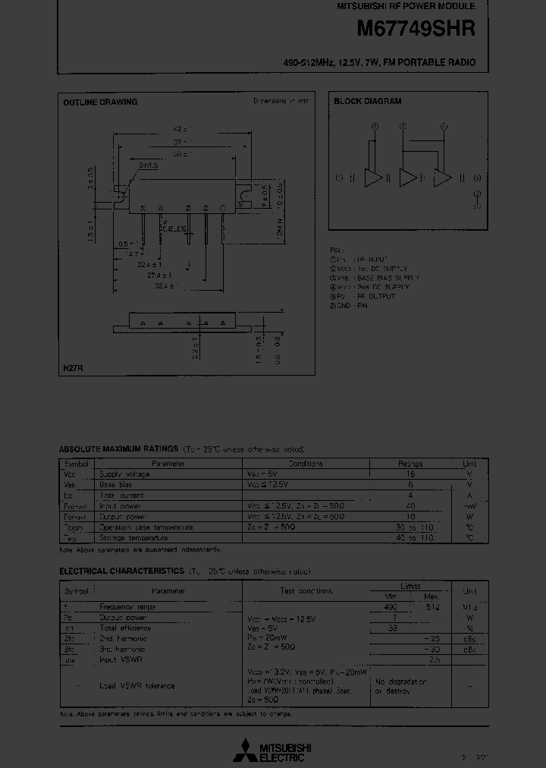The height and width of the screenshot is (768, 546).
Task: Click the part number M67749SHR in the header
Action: (x=416, y=29)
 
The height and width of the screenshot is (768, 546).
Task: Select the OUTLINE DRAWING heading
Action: (x=99, y=102)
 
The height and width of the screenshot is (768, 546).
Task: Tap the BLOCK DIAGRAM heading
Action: (x=367, y=102)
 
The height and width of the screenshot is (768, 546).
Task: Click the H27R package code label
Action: (x=73, y=368)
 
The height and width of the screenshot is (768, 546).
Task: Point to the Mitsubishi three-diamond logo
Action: (x=246, y=750)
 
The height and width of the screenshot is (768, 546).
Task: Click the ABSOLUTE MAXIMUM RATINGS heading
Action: (x=118, y=449)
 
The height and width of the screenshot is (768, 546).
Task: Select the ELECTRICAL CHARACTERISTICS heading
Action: (x=121, y=571)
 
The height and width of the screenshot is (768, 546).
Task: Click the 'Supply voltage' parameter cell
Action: (x=124, y=474)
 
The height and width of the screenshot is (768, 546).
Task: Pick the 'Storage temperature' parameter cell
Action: (x=133, y=538)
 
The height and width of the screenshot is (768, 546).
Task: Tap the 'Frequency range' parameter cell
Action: (x=127, y=607)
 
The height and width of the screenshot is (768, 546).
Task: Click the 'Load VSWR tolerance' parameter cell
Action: (x=137, y=686)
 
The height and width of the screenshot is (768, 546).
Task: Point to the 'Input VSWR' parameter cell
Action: (x=121, y=660)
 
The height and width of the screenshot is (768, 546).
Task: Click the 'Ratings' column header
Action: (x=410, y=464)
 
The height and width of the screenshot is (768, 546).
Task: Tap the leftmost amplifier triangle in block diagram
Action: (x=374, y=178)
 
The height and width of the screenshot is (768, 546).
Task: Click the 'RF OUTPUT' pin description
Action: (x=376, y=297)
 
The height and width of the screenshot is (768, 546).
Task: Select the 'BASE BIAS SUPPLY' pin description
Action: (x=388, y=278)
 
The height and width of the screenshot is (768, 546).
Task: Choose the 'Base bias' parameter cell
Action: (x=115, y=485)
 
